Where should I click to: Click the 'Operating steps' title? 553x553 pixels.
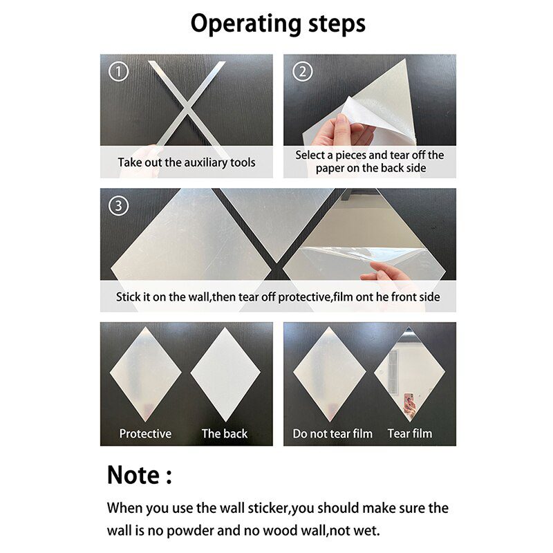click(277, 24)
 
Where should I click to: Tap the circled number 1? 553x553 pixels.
click(119, 71)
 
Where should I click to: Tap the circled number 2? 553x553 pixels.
click(303, 71)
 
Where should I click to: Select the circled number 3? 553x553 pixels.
click(119, 205)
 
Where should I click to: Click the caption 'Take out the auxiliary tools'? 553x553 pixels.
click(186, 162)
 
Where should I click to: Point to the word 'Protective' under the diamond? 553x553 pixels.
click(145, 433)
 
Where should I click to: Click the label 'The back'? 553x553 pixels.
click(224, 433)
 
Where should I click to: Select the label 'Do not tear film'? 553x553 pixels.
click(332, 433)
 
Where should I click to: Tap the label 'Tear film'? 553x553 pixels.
click(409, 433)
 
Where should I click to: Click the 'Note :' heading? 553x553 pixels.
click(139, 476)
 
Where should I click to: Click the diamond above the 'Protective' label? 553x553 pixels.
click(145, 374)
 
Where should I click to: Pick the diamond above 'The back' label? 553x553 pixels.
click(225, 374)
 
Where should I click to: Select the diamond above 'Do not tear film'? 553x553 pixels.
click(329, 374)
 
